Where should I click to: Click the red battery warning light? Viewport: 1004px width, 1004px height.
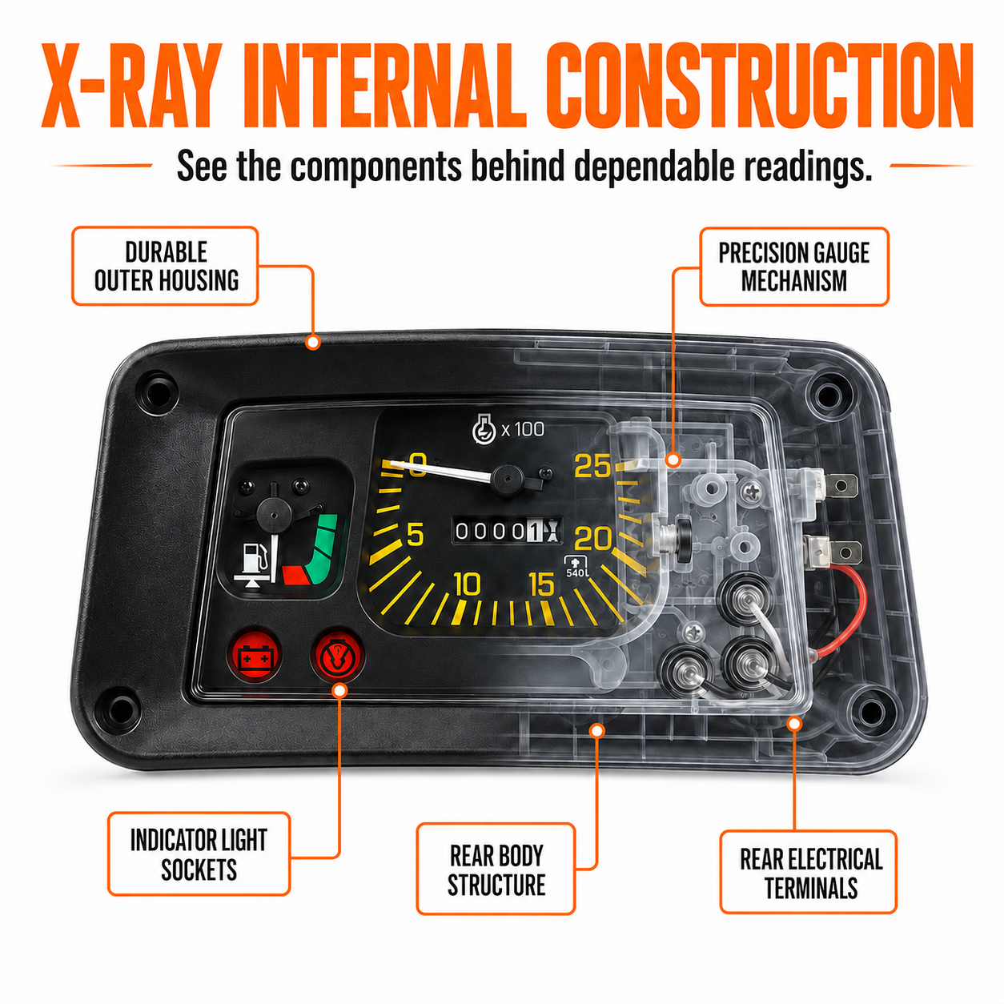click(255, 655)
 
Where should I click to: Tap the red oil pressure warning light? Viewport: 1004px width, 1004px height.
click(337, 655)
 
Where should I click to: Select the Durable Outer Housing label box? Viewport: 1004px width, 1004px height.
click(165, 266)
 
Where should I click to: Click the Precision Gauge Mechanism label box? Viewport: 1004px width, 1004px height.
click(794, 267)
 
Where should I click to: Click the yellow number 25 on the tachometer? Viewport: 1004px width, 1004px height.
click(592, 465)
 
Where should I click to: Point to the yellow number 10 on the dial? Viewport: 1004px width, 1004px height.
click(468, 584)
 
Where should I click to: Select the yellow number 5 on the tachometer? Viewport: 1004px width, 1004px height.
click(416, 535)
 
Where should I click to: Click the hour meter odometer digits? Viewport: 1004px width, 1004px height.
click(507, 531)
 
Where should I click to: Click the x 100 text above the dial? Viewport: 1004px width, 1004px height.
click(523, 430)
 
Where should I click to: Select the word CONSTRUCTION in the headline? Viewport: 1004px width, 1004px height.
click(759, 86)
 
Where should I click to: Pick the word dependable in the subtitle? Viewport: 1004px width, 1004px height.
click(653, 167)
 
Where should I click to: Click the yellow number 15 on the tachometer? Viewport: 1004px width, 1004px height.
click(542, 584)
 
